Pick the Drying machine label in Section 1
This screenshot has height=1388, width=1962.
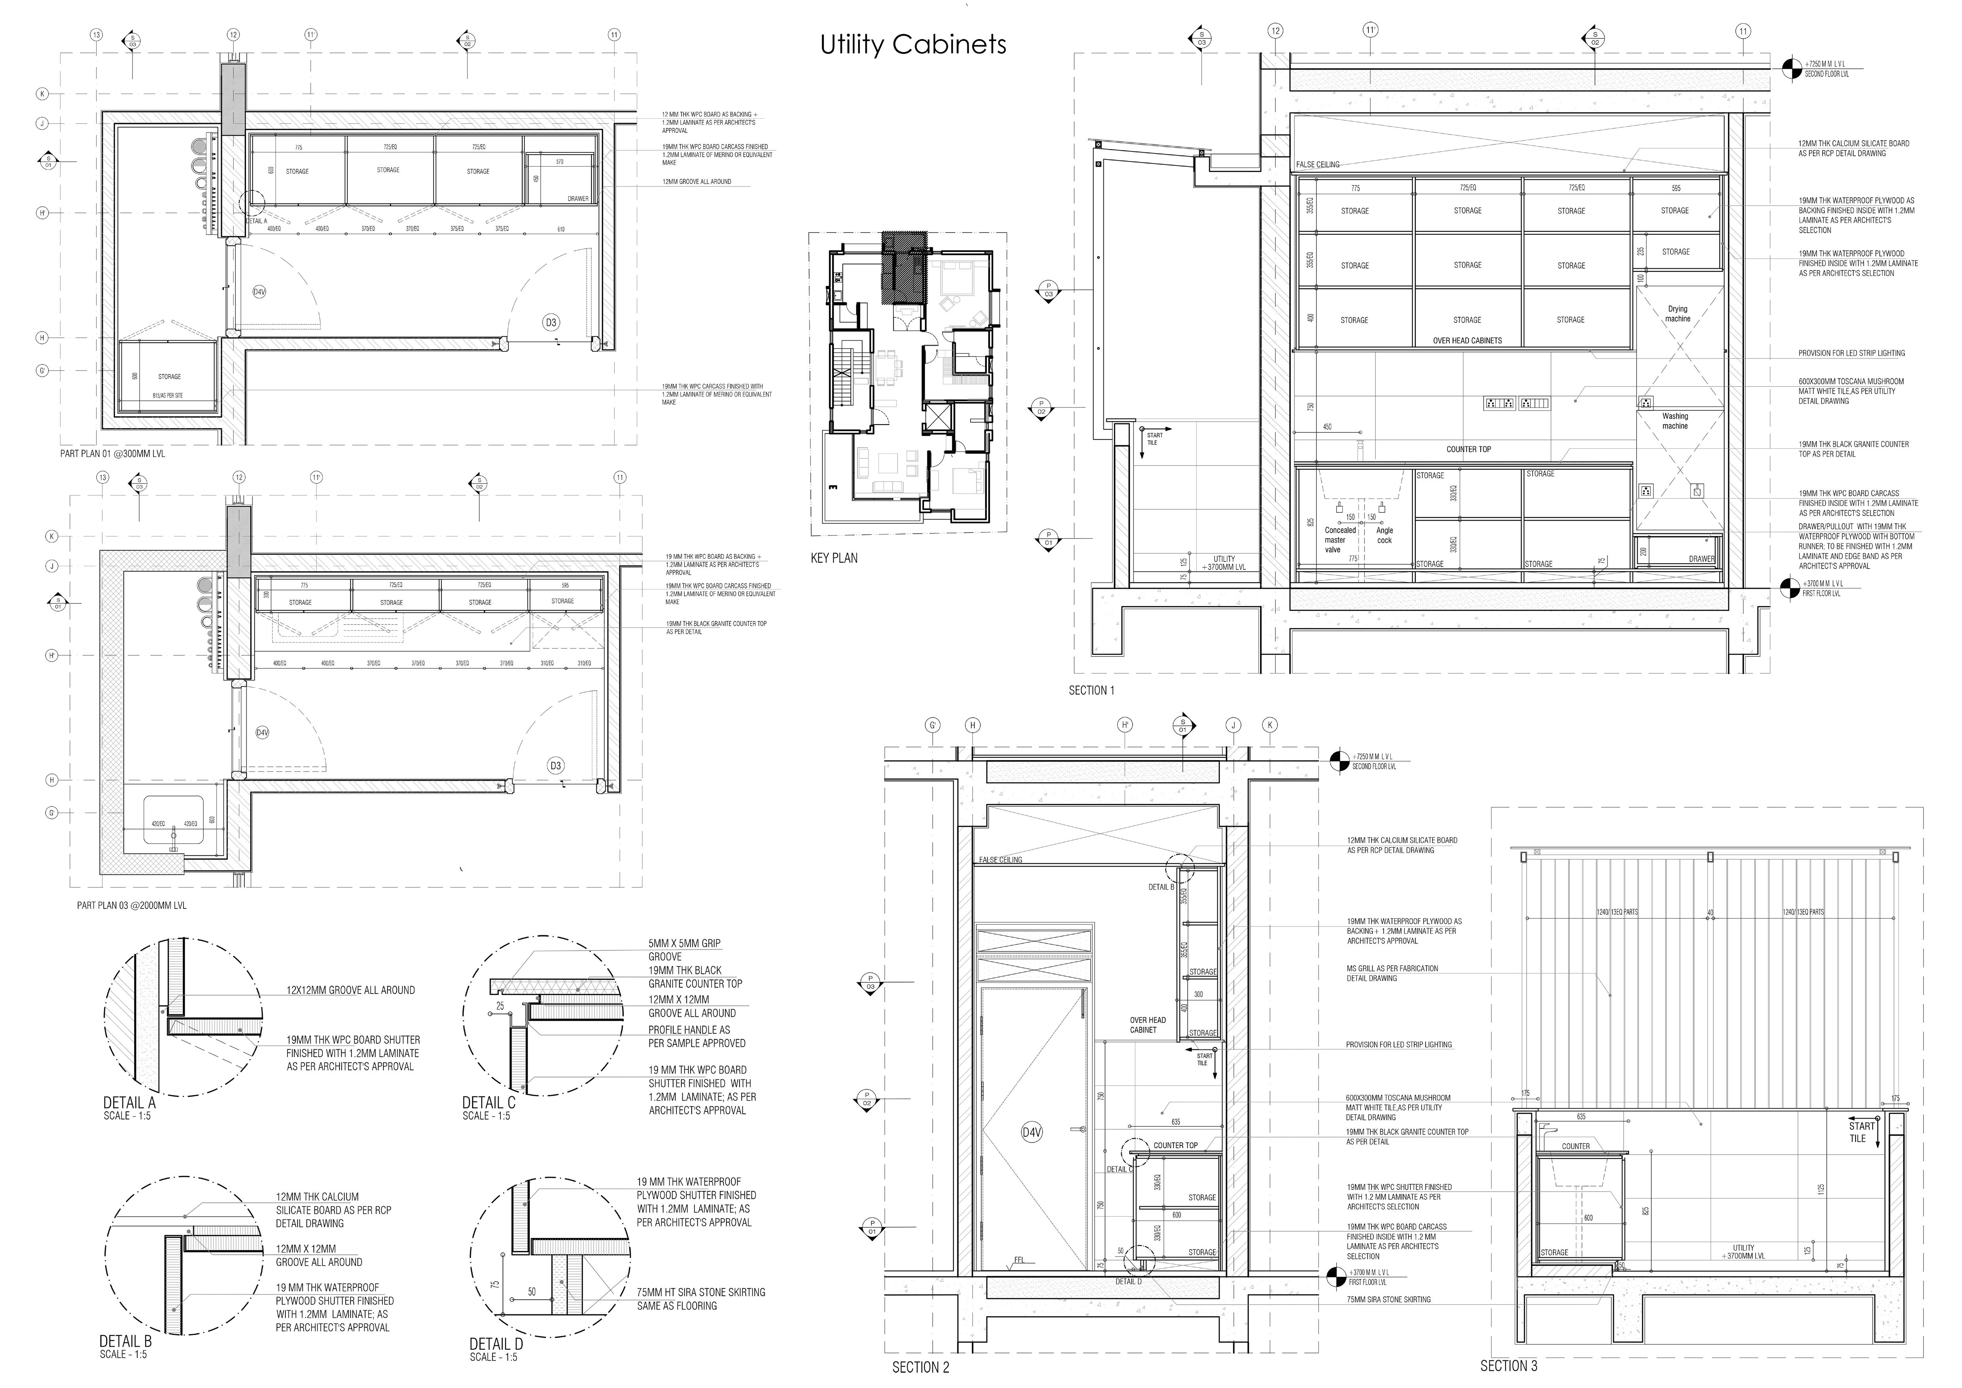coord(1677,314)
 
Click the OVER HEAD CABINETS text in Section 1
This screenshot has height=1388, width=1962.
coord(1467,340)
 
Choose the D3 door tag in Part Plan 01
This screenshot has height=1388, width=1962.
coord(551,322)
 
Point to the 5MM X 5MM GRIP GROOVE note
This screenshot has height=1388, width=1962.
coord(684,950)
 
